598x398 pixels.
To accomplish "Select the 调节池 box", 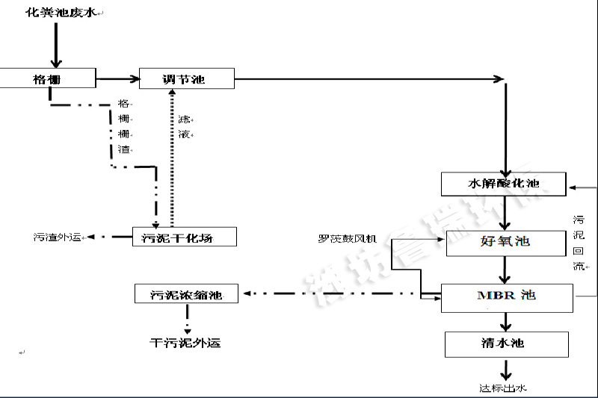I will click(187, 78).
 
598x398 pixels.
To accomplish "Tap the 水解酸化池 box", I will click(503, 183).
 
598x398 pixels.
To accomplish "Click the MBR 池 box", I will click(506, 296).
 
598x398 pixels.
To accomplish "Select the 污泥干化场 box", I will click(184, 237).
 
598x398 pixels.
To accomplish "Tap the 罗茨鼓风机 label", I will click(348, 240).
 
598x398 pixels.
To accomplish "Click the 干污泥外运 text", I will click(185, 343).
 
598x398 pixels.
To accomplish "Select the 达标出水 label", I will click(504, 388).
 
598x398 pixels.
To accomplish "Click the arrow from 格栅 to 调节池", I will click(117, 78).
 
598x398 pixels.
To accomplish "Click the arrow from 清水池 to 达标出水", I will click(506, 369).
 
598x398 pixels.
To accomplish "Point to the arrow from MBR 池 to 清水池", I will click(506, 321).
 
